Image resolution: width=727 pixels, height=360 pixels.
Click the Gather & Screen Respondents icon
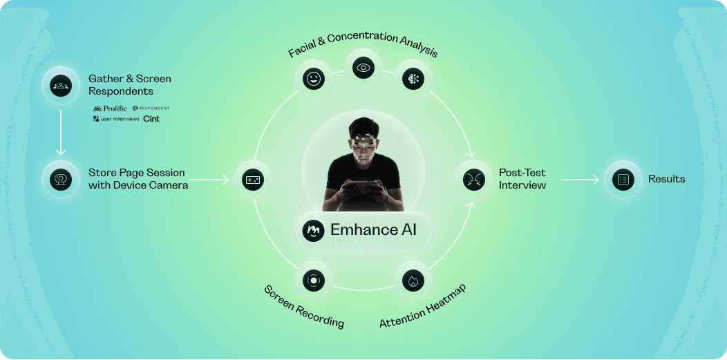[x=60, y=86]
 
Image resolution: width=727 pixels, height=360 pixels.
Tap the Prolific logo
[x=110, y=108]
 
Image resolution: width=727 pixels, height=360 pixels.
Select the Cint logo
[x=151, y=119]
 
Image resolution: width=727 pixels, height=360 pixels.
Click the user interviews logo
[x=115, y=119]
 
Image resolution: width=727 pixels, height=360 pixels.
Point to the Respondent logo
[x=151, y=108]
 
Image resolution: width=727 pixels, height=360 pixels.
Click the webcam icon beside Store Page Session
[x=60, y=179]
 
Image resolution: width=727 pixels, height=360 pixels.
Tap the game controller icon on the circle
[x=252, y=180]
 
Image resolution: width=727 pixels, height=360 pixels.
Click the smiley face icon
[x=313, y=78]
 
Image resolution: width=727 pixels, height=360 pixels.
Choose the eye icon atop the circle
[x=363, y=67]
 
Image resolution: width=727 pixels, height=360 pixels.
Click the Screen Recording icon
[x=313, y=281]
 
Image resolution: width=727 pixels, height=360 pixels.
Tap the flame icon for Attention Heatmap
[x=413, y=281]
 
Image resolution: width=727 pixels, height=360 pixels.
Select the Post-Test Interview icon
[x=473, y=180]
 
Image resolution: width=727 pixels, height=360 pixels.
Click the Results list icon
[x=623, y=180]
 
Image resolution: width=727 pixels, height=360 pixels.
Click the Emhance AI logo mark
[x=313, y=229]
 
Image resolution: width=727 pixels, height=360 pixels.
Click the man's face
[x=363, y=144]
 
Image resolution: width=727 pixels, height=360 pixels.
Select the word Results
[x=666, y=180]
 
